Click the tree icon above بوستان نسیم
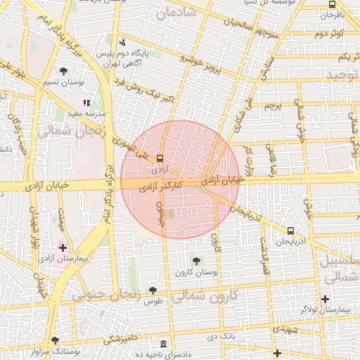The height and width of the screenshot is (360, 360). [x=64, y=71]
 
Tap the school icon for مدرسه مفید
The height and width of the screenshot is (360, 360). [x=87, y=103]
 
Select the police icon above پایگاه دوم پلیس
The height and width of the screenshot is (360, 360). [x=124, y=42]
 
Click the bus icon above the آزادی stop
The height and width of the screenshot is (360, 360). [x=160, y=159]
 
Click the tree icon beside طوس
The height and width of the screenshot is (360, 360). [x=153, y=290]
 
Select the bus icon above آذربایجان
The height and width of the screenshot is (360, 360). [x=290, y=231]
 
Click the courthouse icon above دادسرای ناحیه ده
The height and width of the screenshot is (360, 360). [x=163, y=345]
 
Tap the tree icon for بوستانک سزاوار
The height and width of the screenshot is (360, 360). [x=56, y=340]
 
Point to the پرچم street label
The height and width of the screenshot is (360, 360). [x=273, y=106]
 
